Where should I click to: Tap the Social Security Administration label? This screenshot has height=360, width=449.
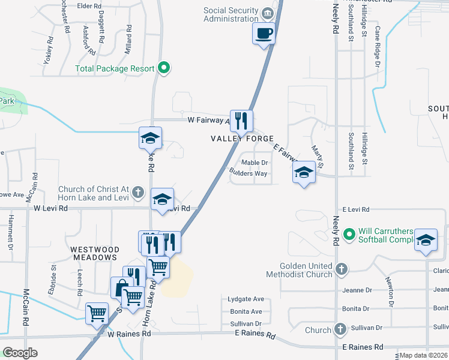(x=231, y=14)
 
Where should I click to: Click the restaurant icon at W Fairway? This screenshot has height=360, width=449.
(x=241, y=121)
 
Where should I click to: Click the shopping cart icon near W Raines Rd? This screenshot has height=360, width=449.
(x=97, y=313)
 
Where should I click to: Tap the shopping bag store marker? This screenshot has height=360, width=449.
(x=121, y=287)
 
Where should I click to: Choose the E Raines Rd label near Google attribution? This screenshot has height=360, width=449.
(x=363, y=347)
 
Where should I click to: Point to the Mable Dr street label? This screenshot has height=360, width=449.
(x=254, y=163)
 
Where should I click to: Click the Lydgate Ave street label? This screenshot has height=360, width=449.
(x=246, y=299)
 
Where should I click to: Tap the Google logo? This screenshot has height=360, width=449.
(x=20, y=353)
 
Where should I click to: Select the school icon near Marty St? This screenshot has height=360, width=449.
(x=304, y=173)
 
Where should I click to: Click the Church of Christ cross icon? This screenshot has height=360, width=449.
(x=138, y=193)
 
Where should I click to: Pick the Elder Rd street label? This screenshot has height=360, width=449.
(x=89, y=5)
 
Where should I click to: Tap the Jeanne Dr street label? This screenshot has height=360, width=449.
(x=356, y=290)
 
